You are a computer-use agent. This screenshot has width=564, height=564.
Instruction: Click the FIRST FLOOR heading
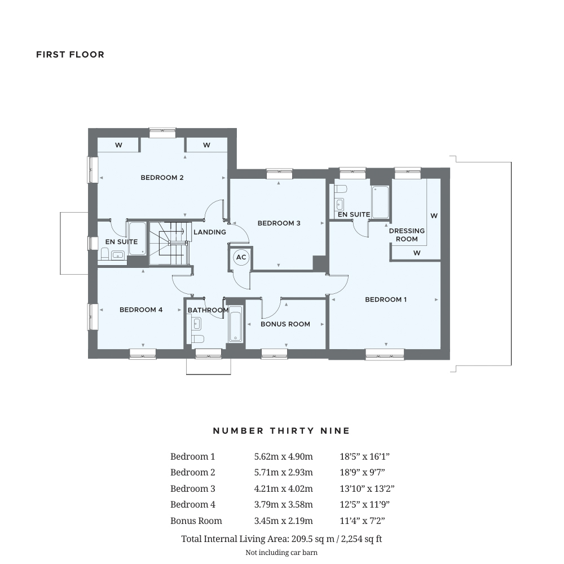[70, 55]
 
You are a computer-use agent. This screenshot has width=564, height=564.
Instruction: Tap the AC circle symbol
[241, 257]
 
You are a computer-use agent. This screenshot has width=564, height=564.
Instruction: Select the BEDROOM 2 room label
[162, 178]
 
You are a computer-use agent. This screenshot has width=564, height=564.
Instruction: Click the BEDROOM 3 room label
[279, 223]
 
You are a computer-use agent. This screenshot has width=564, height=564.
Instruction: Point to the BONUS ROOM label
[285, 324]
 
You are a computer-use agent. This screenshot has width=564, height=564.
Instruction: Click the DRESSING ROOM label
[407, 235]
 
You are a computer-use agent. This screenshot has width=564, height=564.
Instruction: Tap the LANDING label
[209, 232]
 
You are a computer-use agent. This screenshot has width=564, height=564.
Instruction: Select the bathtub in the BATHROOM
[235, 324]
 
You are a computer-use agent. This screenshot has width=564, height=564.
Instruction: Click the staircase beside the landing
[169, 243]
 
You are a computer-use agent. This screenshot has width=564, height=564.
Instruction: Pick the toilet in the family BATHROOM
[197, 339]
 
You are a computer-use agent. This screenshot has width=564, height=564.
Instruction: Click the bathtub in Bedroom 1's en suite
[380, 202]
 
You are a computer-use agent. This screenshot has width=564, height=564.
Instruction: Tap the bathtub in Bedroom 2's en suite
[137, 238]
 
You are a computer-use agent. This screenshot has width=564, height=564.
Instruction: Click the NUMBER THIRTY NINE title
[281, 431]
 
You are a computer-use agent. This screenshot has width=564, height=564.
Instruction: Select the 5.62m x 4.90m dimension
[283, 457]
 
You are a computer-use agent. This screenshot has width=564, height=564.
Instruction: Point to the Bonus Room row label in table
[196, 521]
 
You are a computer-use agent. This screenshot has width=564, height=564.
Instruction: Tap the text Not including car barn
[281, 553]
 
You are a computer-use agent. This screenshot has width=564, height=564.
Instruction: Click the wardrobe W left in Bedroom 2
[118, 145]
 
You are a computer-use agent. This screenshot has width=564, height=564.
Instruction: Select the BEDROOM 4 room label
[141, 310]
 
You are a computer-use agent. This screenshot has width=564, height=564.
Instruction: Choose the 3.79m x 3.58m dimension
[283, 505]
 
